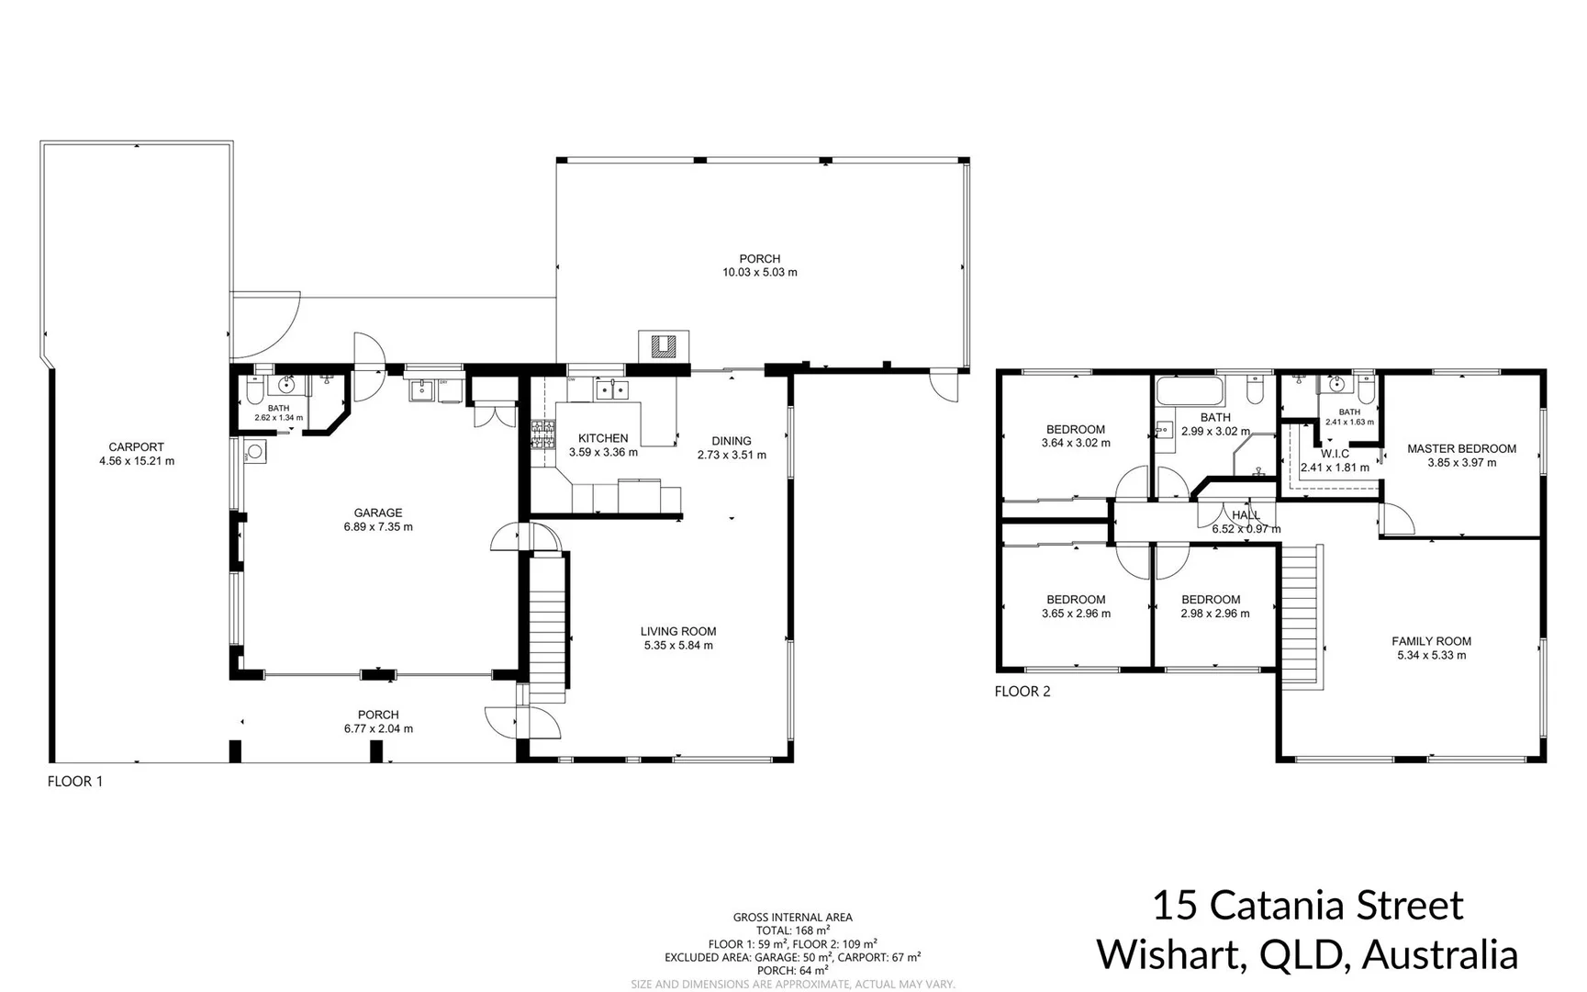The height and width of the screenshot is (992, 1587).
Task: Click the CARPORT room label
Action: (136, 447)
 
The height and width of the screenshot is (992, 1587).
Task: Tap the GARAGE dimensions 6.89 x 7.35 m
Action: (378, 527)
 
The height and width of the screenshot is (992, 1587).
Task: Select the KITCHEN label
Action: (603, 438)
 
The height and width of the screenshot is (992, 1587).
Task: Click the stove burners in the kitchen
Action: (542, 434)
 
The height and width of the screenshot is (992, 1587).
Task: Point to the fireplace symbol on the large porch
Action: (663, 346)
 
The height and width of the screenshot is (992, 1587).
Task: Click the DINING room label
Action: (732, 441)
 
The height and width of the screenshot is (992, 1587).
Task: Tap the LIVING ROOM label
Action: (678, 631)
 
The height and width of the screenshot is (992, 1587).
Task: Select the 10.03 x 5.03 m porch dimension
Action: (759, 273)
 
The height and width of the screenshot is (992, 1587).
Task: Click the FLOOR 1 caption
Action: (75, 782)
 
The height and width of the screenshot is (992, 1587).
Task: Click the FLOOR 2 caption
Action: (1023, 692)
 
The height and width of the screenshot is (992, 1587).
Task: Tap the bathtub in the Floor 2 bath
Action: (1190, 392)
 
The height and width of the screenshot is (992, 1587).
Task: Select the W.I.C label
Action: (1335, 454)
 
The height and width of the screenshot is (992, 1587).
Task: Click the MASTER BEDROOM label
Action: (1461, 449)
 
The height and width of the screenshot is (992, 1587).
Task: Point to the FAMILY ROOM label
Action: (1431, 641)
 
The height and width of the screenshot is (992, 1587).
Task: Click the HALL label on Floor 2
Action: (1246, 515)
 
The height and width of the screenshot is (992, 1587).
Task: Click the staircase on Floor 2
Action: (1302, 615)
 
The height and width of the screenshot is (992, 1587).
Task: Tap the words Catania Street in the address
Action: (1336, 906)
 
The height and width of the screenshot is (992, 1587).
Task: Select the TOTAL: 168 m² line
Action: (792, 930)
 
